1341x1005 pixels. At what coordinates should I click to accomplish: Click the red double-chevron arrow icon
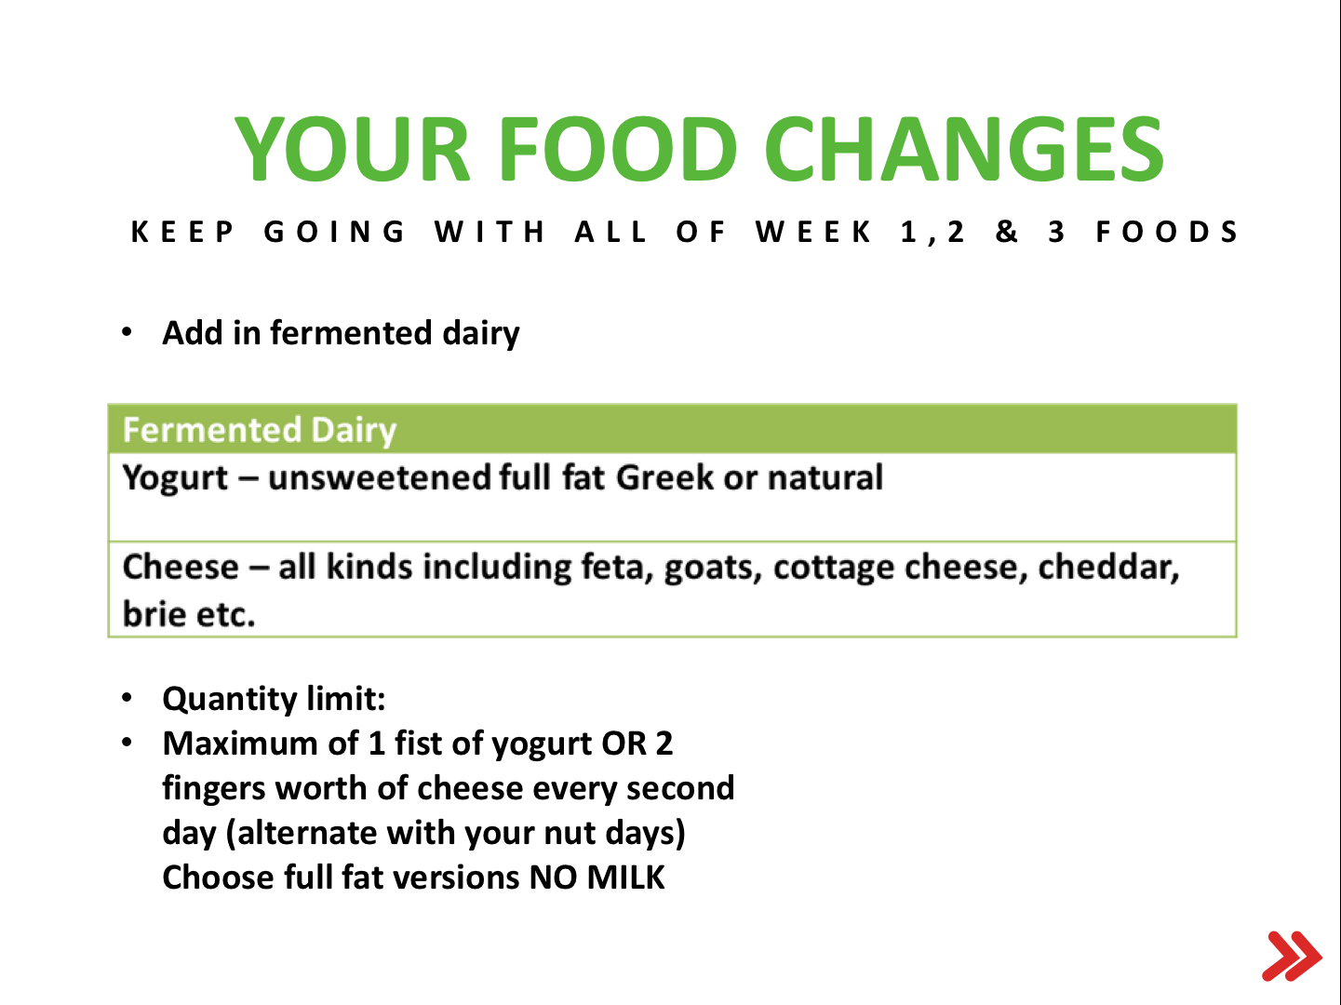coord(1291,956)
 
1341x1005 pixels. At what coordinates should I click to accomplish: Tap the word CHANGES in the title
coord(964,149)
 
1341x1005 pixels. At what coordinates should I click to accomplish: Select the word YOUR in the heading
coord(353,149)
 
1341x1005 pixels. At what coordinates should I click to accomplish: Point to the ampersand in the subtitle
coord(1007,232)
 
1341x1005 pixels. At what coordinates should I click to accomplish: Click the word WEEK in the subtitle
coord(813,232)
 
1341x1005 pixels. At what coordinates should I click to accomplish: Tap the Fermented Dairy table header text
coord(260,430)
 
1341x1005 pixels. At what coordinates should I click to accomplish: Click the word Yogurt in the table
coord(175,477)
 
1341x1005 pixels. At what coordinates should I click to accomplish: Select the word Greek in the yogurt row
coord(664,476)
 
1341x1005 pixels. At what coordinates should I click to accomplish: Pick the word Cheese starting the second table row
coord(181,567)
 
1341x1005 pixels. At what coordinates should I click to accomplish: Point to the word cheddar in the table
coord(1108,567)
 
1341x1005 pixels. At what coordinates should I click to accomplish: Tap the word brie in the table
coord(154,613)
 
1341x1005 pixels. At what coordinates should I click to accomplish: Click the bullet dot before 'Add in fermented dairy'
coord(127,332)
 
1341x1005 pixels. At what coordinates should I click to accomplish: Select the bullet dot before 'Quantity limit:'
coord(127,698)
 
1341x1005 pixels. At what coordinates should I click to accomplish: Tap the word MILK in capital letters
coord(625,878)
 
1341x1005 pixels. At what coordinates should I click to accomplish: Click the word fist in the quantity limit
coord(418,743)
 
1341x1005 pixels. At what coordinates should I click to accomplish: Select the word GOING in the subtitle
coord(334,232)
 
